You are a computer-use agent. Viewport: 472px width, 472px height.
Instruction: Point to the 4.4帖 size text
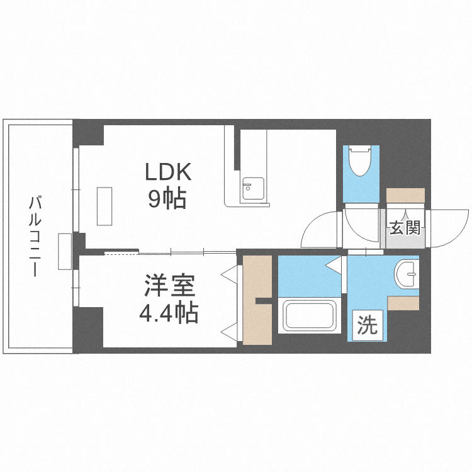[x=168, y=312]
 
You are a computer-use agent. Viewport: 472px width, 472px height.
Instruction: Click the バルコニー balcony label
[x=36, y=236]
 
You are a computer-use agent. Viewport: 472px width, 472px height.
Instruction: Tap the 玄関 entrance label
[x=404, y=228]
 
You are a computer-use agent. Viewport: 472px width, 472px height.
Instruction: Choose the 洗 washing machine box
[x=367, y=325]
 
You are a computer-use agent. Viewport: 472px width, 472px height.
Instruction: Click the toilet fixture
[x=361, y=160]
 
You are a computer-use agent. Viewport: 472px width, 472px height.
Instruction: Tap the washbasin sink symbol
[x=406, y=273]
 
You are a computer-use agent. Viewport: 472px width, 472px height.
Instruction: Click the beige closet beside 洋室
[x=255, y=300]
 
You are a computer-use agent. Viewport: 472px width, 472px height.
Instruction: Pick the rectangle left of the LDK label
[x=104, y=206]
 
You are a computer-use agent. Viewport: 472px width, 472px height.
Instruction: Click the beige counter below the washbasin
[x=403, y=303]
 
